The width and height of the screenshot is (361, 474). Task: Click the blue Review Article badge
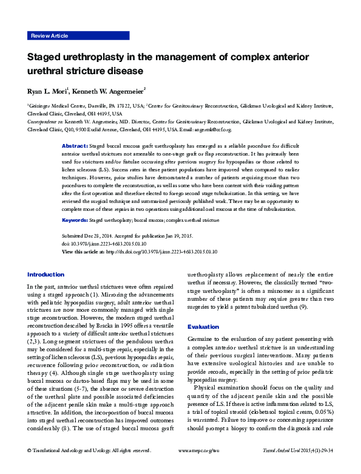coord(50,36)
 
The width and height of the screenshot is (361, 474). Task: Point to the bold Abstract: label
coord(75,147)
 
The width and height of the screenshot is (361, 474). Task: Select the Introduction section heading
coord(46,274)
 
